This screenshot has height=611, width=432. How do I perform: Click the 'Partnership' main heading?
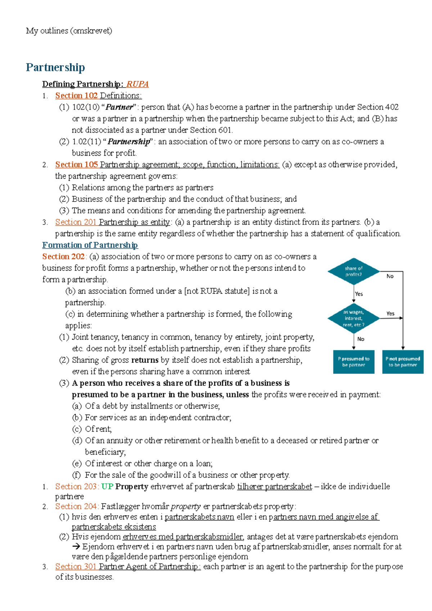pos(55,67)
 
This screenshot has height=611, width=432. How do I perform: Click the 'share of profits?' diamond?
pos(354,271)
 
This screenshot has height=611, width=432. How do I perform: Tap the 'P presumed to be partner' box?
pos(354,362)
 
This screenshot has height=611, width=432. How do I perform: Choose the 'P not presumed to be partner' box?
pos(402,362)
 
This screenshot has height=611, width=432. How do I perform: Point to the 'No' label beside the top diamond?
pos(390,276)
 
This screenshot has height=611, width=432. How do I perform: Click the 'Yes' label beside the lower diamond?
pos(390,314)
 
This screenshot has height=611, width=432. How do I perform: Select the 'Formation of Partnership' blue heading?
pos(90,245)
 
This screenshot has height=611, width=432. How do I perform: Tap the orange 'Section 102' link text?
pos(76,95)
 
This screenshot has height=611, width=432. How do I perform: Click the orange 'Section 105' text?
pos(76,165)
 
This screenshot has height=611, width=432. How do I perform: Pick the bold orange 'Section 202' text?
pos(63,257)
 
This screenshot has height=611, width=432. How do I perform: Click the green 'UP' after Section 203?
pos(107,486)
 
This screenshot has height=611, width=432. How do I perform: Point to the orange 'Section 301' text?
pos(76,566)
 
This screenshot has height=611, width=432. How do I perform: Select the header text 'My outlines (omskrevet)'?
pos(69,31)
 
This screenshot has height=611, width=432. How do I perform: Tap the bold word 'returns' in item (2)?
pos(145,360)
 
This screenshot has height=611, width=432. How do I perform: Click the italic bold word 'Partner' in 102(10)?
pos(119,107)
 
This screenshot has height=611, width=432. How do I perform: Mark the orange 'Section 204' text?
pos(76,506)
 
